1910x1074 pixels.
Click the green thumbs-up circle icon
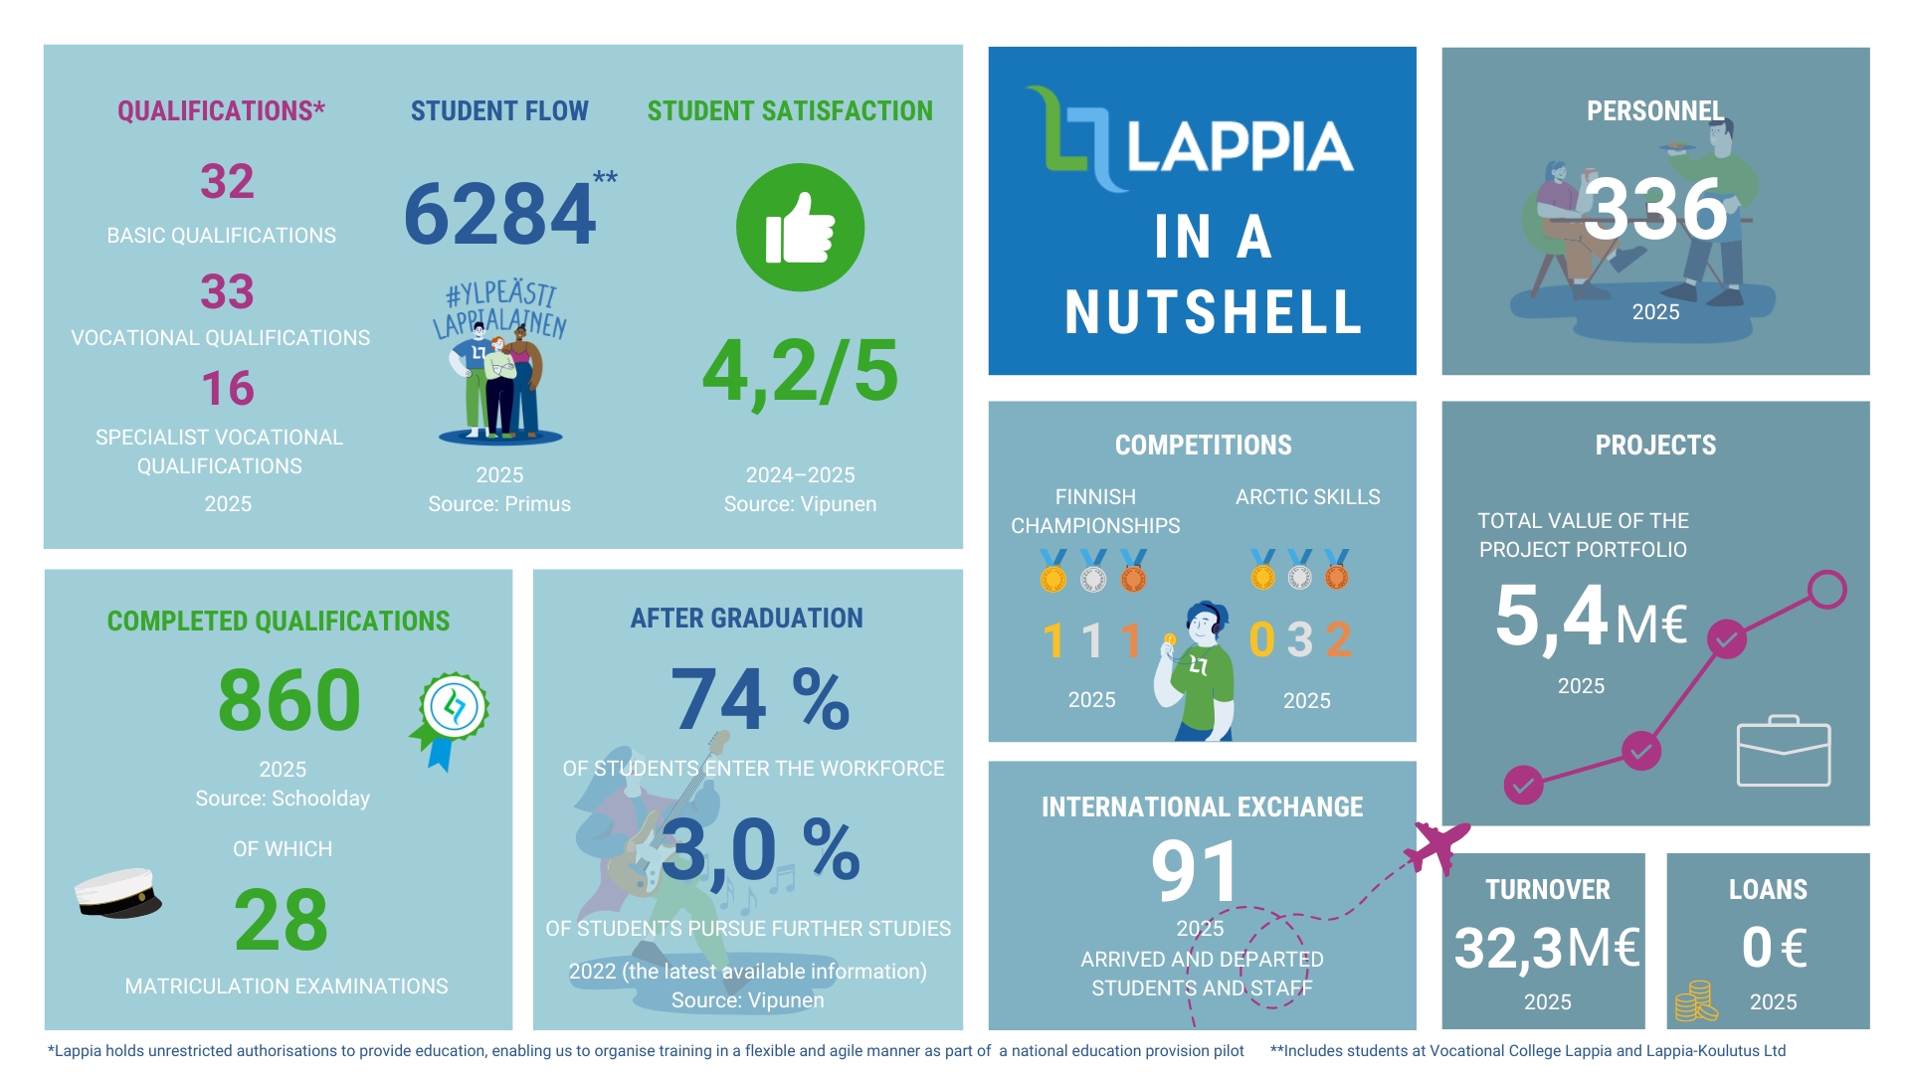(x=800, y=228)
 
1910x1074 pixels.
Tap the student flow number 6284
(x=499, y=214)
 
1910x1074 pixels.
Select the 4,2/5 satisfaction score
(x=800, y=372)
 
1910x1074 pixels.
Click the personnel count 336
(x=1655, y=209)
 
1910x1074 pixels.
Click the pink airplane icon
(x=1437, y=846)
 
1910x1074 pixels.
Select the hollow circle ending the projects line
(x=1826, y=590)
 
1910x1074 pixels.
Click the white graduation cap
(x=118, y=893)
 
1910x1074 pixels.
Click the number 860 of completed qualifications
(x=288, y=700)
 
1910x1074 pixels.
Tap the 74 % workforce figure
(x=760, y=699)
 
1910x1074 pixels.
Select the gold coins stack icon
(x=1695, y=1001)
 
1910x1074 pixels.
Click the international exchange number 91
(x=1197, y=871)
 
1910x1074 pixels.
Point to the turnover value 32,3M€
(x=1546, y=947)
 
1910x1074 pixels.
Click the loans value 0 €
(x=1773, y=947)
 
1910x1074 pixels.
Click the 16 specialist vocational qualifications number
(x=228, y=388)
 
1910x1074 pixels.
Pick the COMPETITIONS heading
(x=1203, y=445)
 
